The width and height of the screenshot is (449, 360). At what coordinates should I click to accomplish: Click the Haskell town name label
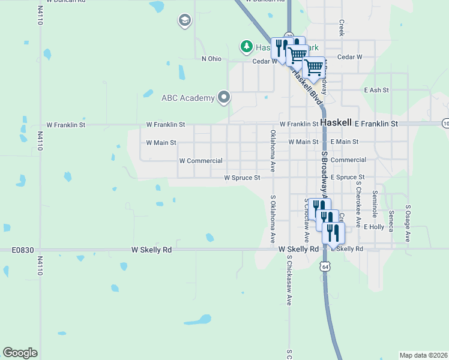tap(336, 122)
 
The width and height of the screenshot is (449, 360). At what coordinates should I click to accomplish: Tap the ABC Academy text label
tap(188, 98)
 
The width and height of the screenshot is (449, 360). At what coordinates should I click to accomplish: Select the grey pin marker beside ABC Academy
tap(224, 97)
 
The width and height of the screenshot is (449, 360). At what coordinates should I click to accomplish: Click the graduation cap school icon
tap(184, 22)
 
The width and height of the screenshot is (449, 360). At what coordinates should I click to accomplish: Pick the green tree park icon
tap(246, 46)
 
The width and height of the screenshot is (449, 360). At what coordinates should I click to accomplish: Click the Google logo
tap(20, 353)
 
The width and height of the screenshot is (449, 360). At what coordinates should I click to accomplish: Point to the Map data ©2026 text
tap(424, 355)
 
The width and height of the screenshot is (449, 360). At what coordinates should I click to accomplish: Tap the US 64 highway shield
tap(325, 266)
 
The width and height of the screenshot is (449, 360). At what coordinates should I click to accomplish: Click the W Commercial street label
tap(201, 161)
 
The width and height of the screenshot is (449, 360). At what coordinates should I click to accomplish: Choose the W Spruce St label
tap(242, 178)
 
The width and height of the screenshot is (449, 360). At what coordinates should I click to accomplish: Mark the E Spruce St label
tap(348, 178)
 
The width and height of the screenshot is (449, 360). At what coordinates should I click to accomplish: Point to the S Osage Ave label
tap(408, 223)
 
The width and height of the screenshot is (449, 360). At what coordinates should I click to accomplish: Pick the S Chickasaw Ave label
tap(289, 280)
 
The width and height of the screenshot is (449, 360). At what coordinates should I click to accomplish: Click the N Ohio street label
tap(212, 58)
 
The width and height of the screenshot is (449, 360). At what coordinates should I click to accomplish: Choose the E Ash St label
tap(376, 90)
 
